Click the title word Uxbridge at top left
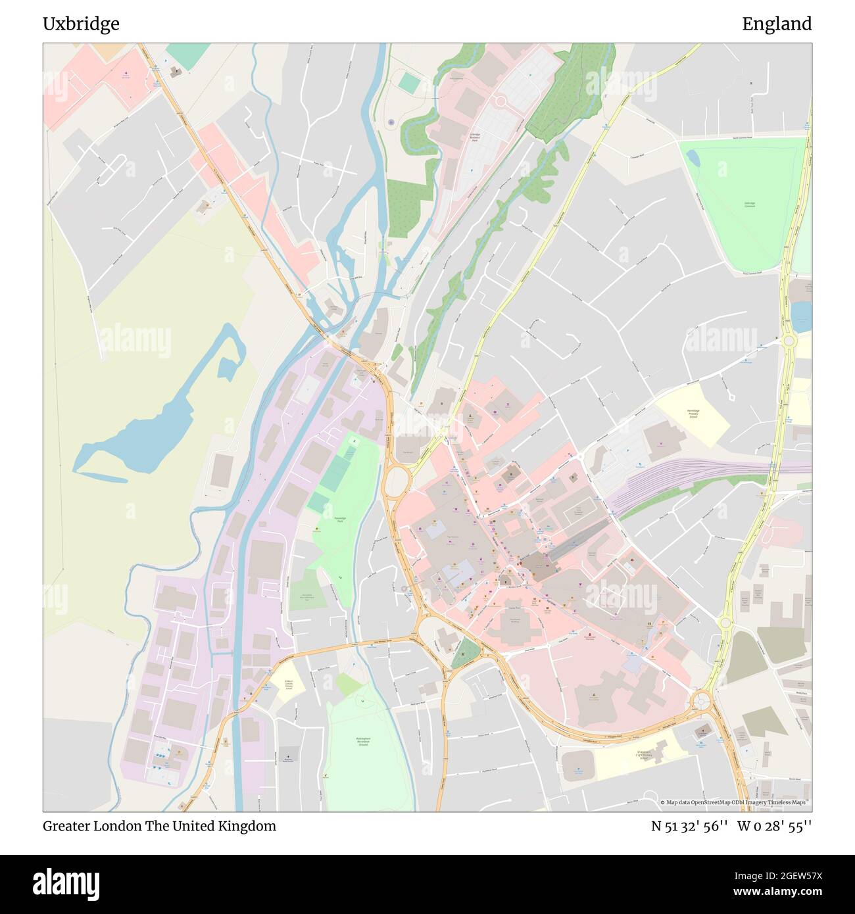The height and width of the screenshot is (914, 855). [81, 24]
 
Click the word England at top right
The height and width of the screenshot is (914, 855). [777, 24]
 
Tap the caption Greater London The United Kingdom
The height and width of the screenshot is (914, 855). [159, 826]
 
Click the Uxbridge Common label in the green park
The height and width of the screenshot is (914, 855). [749, 204]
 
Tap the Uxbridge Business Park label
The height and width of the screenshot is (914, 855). [474, 137]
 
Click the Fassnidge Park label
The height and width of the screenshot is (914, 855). [341, 518]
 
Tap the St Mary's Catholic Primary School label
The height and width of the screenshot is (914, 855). [287, 685]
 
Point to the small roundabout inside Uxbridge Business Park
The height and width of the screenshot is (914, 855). [500, 101]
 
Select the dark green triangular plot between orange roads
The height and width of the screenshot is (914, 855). [466, 651]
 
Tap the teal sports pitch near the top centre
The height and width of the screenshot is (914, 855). [408, 84]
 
